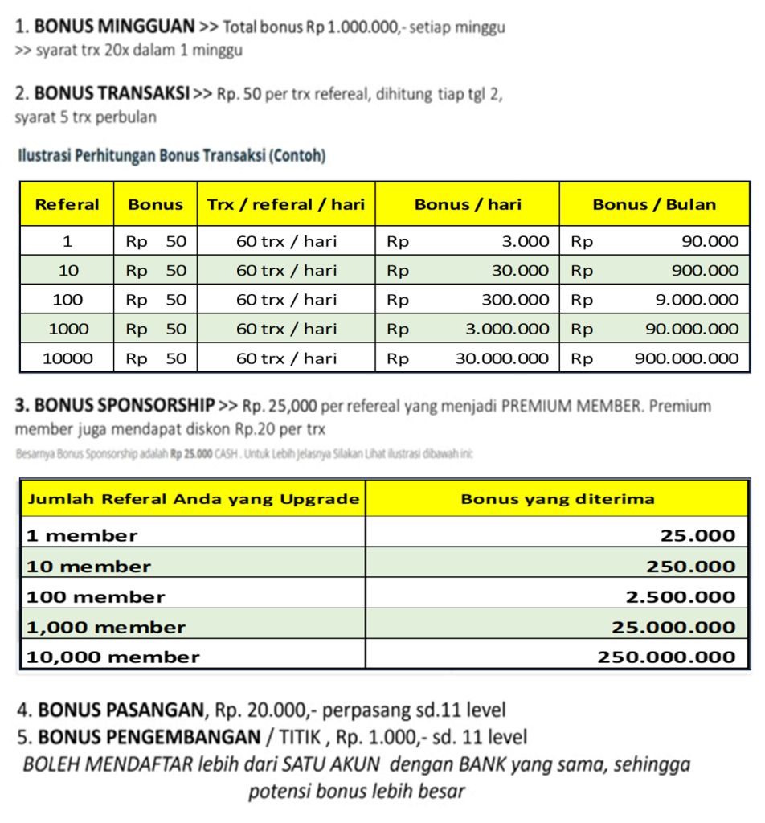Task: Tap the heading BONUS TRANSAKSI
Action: [112, 94]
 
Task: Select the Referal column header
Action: [67, 204]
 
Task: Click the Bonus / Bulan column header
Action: [654, 204]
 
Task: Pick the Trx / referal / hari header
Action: [286, 204]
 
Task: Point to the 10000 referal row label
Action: [67, 358]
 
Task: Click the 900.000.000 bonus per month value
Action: [686, 358]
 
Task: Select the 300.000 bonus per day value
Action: [515, 300]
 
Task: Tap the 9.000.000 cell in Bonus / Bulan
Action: [697, 300]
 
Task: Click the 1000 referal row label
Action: [67, 329]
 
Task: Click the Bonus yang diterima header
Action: [558, 499]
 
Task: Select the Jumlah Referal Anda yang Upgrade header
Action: [193, 499]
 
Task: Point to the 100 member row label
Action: [96, 597]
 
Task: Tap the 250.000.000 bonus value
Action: [666, 657]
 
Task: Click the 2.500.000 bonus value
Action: [681, 597]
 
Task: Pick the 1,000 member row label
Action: [106, 628]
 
